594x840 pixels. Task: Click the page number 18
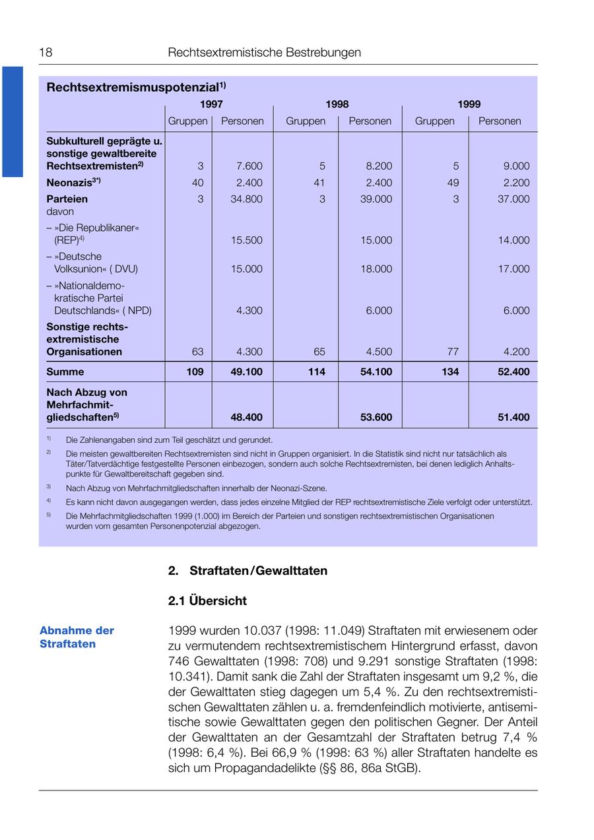[x=46, y=53]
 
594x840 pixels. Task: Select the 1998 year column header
[x=337, y=104]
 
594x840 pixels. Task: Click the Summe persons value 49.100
[x=246, y=372]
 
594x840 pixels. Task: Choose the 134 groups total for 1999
[x=450, y=372]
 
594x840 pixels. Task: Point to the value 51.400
[x=513, y=418]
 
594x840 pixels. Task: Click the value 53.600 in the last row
[x=376, y=418]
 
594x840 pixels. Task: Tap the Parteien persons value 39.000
[x=376, y=199]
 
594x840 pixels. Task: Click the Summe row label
[x=65, y=372]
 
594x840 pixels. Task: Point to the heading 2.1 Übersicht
[x=207, y=601]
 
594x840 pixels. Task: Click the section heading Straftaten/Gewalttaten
[x=258, y=571]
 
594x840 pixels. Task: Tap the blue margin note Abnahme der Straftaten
[x=77, y=637]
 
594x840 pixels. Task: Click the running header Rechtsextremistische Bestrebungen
[x=265, y=53]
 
